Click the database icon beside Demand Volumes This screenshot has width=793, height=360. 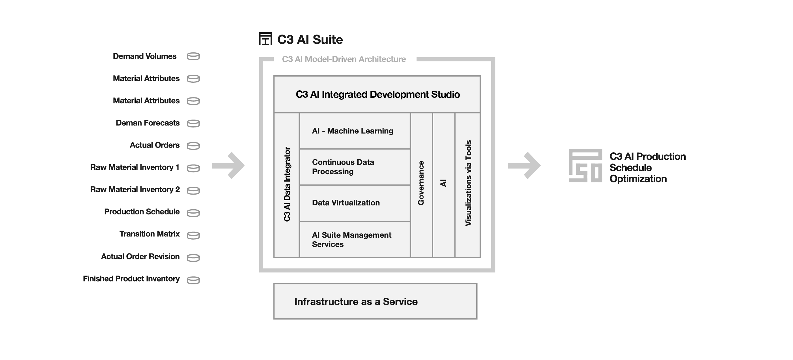coord(193,56)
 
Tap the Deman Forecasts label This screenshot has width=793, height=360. coord(148,123)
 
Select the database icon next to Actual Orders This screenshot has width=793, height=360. coord(193,146)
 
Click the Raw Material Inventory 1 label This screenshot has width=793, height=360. coord(135,167)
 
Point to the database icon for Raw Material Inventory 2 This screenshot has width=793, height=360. coord(193,191)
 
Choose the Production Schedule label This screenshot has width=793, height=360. coord(142,212)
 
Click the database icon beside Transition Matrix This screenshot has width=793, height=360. coord(193,235)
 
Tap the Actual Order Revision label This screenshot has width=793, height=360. coord(140,256)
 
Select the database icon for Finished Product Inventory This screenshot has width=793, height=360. coord(193,280)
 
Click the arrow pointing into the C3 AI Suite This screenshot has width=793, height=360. coord(229,166)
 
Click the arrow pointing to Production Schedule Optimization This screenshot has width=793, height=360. coord(524,166)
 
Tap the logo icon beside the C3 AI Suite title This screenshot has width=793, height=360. coord(265,39)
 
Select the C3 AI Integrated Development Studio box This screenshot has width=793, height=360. coord(377,94)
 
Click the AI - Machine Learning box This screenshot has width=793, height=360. coord(355,131)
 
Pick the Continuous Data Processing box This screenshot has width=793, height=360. coord(355,167)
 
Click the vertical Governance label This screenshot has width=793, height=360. coord(421,183)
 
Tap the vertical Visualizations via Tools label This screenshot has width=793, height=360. coord(468,183)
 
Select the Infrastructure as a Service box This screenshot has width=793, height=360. coord(375,301)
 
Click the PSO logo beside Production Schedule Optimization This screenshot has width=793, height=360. coord(585,166)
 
